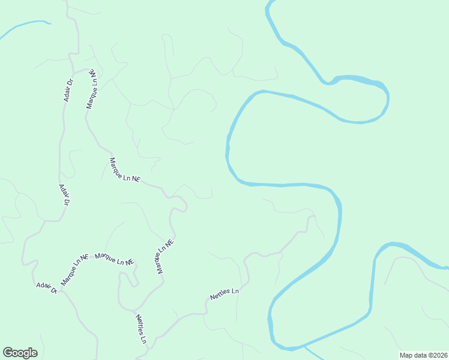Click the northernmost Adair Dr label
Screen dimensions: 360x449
(68, 89)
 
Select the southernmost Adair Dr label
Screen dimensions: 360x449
(46, 287)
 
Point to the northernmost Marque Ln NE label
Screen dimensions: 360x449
(92, 88)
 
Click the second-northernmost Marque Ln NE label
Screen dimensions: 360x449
(124, 170)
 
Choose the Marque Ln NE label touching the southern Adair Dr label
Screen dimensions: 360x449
(74, 270)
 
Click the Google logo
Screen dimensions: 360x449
(20, 353)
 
